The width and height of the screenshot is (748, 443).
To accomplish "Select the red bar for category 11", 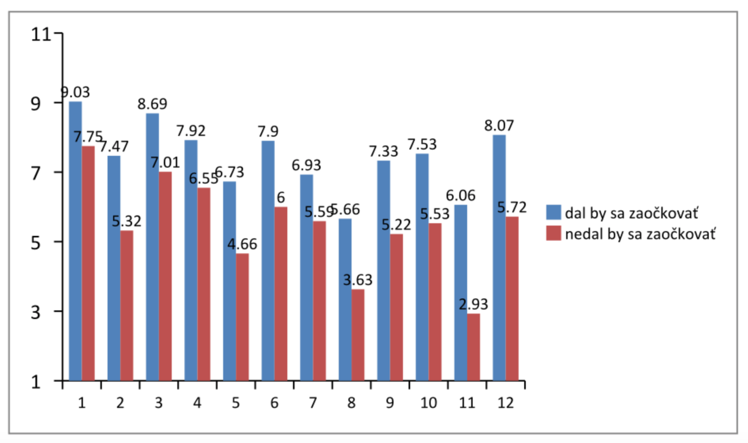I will (x=473, y=347).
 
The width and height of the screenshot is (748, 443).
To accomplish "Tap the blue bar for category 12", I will (x=499, y=257).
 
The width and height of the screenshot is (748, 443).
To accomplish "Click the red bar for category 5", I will (x=242, y=317).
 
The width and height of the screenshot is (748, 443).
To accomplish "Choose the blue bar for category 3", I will (x=152, y=246).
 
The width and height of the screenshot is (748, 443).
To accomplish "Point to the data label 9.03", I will (x=75, y=92).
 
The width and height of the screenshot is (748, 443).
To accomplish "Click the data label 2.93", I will (x=473, y=304).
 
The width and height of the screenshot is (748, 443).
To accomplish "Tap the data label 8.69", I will (x=152, y=104).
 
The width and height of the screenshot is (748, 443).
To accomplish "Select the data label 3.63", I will (x=358, y=280).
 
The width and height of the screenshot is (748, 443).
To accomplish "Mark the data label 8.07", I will (x=499, y=125).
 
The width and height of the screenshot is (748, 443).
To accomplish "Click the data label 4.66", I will (x=242, y=244).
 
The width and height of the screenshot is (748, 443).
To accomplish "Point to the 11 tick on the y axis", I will (x=41, y=35).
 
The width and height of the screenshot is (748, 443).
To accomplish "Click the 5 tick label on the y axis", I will (x=35, y=243).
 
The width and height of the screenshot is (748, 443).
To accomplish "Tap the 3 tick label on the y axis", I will (x=35, y=312).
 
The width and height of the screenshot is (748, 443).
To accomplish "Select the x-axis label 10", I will (x=429, y=403).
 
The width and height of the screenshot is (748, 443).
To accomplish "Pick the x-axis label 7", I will (x=313, y=403).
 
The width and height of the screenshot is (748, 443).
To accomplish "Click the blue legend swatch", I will (x=553, y=212).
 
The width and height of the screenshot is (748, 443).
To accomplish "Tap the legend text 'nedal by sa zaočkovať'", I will (x=640, y=234).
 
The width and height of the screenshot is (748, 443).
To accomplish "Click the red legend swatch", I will (x=553, y=233).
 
